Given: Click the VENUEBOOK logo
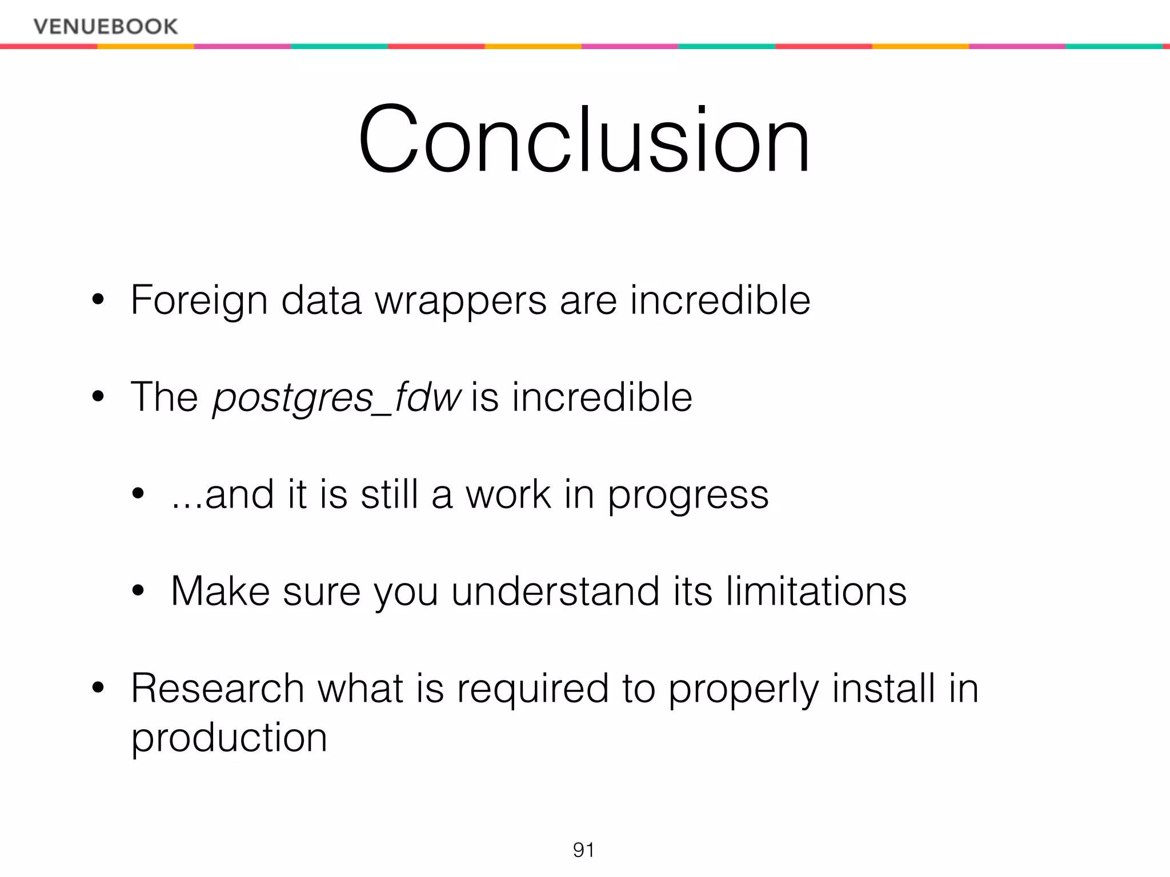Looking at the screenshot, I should [106, 26].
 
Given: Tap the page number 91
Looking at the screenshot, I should [583, 850].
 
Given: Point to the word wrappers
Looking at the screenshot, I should [460, 301].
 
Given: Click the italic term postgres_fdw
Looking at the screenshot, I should [336, 397].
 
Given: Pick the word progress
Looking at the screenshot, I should [688, 495].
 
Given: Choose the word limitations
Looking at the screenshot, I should [816, 591].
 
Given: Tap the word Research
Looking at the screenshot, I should [218, 688].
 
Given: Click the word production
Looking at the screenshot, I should [229, 738].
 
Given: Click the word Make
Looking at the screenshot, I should [220, 591].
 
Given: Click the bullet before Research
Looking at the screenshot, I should [98, 688].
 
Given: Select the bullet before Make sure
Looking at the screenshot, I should [138, 591].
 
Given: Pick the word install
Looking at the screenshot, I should [883, 688].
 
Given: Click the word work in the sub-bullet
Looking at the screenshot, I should [508, 494].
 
